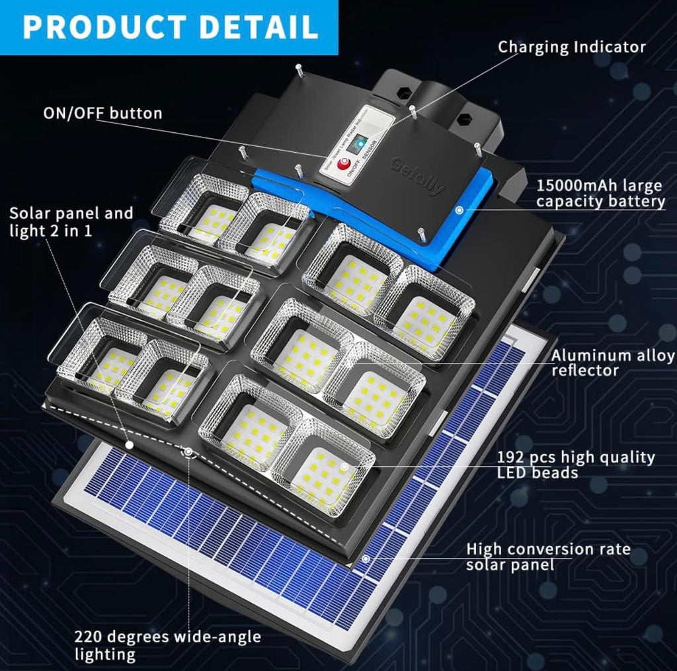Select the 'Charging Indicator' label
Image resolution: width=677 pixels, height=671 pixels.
click(x=571, y=47)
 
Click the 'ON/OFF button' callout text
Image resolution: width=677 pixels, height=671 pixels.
click(x=102, y=113)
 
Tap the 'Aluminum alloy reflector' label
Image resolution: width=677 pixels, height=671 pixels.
click(x=613, y=363)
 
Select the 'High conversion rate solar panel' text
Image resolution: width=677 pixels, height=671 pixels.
click(x=548, y=557)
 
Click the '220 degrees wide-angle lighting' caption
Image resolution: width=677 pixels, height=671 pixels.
click(x=167, y=646)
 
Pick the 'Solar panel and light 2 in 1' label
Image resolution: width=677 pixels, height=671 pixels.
click(x=71, y=222)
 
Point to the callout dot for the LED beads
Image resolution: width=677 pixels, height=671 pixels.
click(x=344, y=466)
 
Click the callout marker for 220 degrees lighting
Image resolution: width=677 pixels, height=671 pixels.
click(x=189, y=452)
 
